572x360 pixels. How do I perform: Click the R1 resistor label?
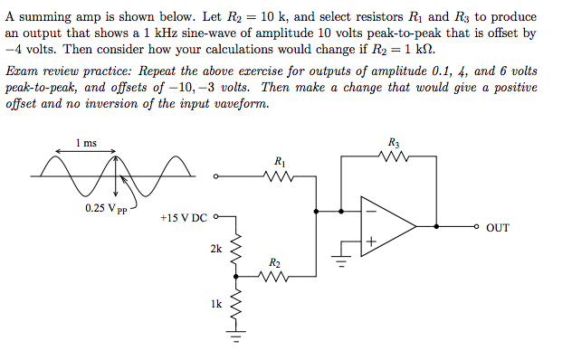280,161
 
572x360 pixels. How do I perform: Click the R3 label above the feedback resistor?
393,142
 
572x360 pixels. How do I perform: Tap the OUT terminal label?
498,228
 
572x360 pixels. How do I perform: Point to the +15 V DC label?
184,218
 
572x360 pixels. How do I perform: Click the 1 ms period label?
87,142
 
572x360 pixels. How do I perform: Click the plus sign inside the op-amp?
369,242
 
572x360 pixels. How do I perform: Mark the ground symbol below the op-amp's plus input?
341,264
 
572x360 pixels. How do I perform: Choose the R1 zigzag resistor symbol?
280,177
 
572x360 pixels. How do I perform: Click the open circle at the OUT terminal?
476,227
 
